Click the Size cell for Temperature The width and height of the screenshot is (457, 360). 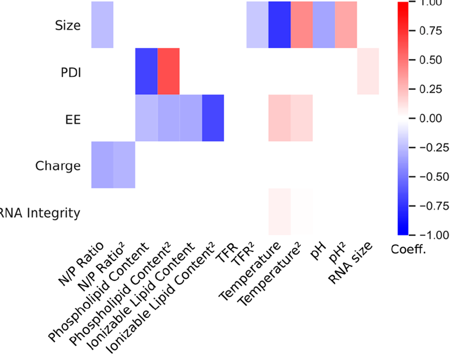pos(279,25)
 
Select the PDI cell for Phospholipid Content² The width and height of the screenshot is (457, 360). pos(169,71)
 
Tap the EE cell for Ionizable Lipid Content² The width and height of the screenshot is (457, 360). pos(213,118)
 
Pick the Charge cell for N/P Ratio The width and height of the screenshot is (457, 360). pos(102,165)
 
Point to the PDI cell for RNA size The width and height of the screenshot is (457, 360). pos(368,71)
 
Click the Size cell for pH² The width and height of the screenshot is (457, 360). pos(346,25)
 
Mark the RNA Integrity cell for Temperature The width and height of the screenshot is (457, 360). pos(279,211)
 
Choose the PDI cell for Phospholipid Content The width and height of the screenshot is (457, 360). pos(146,71)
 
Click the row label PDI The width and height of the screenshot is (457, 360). pos(68,72)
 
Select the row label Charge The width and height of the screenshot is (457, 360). pos(58,165)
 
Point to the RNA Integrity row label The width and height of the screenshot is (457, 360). pos(40,213)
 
